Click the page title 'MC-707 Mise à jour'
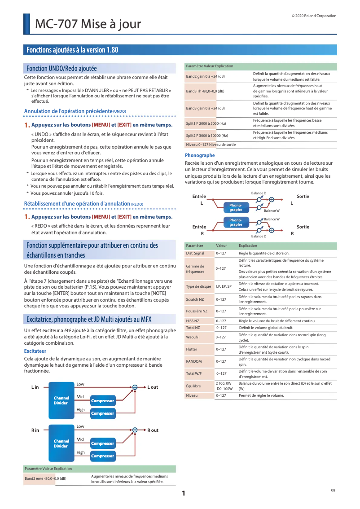[88, 24]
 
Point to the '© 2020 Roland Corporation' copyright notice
[314, 16]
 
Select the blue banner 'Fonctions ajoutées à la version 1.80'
[72, 50]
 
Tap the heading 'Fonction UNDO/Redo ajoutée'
[61, 69]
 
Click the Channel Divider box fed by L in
[61, 400]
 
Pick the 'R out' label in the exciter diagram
[153, 430]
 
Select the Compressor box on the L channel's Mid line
[102, 400]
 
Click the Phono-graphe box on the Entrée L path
[236, 208]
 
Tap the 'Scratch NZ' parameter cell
[195, 299]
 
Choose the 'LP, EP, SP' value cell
[224, 286]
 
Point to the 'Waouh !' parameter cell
[193, 337]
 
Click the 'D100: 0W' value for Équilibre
[223, 383]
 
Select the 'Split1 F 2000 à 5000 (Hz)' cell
[206, 123]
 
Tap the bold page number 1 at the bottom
[183, 494]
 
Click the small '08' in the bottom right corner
[333, 490]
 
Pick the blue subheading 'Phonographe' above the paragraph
[200, 155]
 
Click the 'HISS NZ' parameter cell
[193, 321]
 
